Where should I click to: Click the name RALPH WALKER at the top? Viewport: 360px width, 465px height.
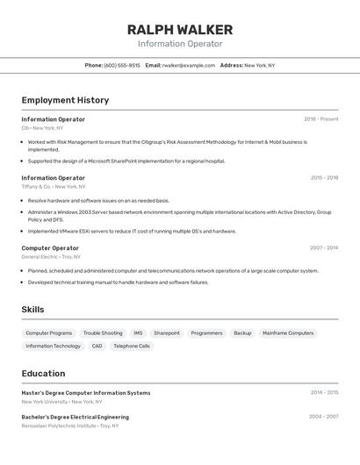pyautogui.click(x=180, y=29)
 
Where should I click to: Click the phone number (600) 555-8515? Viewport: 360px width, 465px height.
pyautogui.click(x=122, y=65)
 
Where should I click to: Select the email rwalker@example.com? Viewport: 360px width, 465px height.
pyautogui.click(x=188, y=65)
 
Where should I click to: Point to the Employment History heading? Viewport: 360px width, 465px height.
pyautogui.click(x=65, y=100)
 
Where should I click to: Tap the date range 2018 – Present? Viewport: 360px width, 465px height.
pyautogui.click(x=320, y=119)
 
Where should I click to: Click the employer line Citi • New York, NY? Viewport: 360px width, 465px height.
pyautogui.click(x=42, y=128)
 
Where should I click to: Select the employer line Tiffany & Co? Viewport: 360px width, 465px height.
pyautogui.click(x=54, y=187)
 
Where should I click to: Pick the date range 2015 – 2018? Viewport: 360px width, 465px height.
pyautogui.click(x=324, y=178)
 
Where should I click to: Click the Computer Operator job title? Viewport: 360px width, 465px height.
pyautogui.click(x=50, y=248)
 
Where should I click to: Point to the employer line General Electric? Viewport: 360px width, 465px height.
pyautogui.click(x=51, y=257)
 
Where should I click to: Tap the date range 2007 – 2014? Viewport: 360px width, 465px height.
pyautogui.click(x=324, y=248)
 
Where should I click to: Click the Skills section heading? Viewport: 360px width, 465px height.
pyautogui.click(x=32, y=310)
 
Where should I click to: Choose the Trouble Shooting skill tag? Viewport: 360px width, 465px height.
pyautogui.click(x=103, y=333)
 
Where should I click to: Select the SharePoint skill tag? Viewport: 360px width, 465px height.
pyautogui.click(x=167, y=333)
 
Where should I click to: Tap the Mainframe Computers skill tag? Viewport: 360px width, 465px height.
pyautogui.click(x=288, y=333)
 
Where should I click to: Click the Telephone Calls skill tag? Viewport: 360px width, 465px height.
pyautogui.click(x=132, y=346)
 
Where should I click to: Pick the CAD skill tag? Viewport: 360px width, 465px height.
pyautogui.click(x=97, y=346)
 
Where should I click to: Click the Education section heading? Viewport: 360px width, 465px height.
pyautogui.click(x=43, y=374)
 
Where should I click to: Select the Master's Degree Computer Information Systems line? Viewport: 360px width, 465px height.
pyautogui.click(x=86, y=393)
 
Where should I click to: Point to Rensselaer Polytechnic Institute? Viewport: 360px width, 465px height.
pyautogui.click(x=59, y=426)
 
